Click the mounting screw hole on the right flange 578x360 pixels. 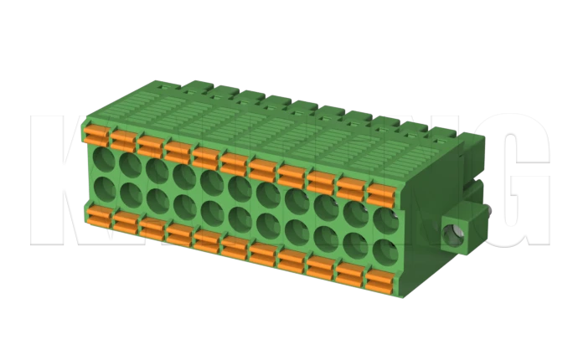(454, 232)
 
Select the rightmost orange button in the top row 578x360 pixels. (381, 195)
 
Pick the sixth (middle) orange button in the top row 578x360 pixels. (235, 163)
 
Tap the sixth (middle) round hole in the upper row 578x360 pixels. (240, 188)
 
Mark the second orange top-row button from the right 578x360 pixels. (351, 189)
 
